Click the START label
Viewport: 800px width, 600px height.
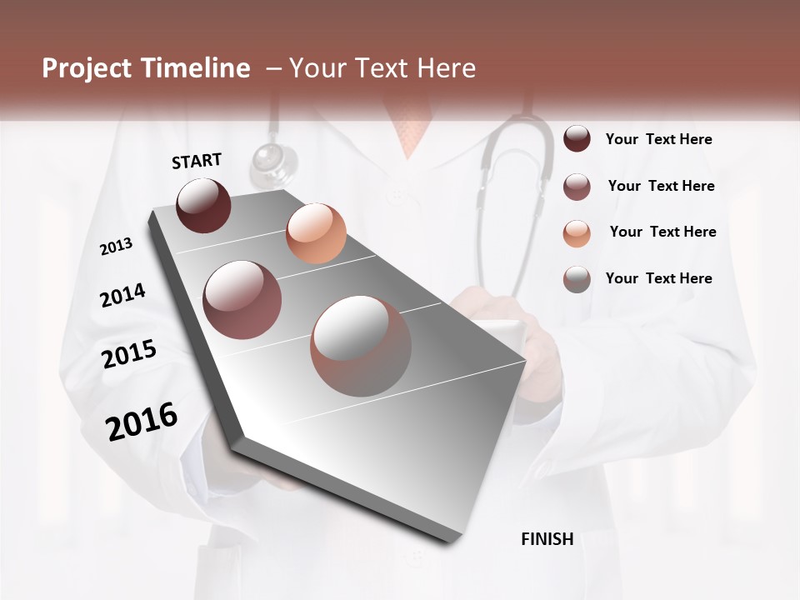pyautogui.click(x=197, y=161)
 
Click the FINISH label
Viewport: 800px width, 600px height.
pyautogui.click(x=547, y=539)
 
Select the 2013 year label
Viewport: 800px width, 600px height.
pyautogui.click(x=116, y=247)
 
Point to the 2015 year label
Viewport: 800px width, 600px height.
pyautogui.click(x=129, y=354)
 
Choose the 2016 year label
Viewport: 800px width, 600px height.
pyautogui.click(x=142, y=422)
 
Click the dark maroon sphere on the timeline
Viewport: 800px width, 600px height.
pyautogui.click(x=204, y=205)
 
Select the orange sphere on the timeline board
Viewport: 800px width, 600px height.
pyautogui.click(x=316, y=233)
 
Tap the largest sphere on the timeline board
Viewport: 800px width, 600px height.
pyautogui.click(x=361, y=346)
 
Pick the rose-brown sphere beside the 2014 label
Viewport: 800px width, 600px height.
pyautogui.click(x=242, y=300)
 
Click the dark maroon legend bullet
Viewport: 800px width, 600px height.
pyautogui.click(x=577, y=139)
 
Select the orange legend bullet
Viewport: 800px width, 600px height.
pyautogui.click(x=577, y=233)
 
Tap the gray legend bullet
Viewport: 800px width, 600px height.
pyautogui.click(x=577, y=279)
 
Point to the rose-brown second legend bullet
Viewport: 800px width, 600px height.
pyautogui.click(x=577, y=187)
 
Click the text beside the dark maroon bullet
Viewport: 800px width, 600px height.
pyautogui.click(x=658, y=139)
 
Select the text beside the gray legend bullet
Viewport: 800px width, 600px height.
pyautogui.click(x=658, y=278)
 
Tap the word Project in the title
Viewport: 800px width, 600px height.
pyautogui.click(x=86, y=68)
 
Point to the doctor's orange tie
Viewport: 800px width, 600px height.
pyautogui.click(x=410, y=129)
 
